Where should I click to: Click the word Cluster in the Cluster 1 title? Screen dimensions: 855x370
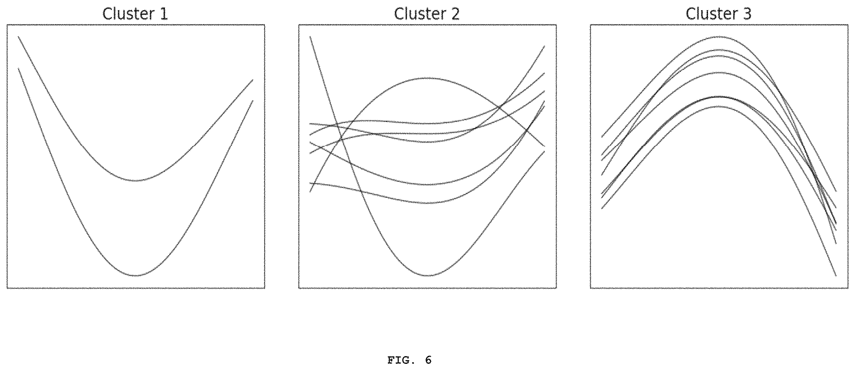point(129,14)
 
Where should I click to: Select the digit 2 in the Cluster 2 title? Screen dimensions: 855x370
point(455,14)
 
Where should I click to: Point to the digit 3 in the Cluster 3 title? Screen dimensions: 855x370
point(747,14)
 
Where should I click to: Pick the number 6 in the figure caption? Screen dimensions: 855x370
point(428,360)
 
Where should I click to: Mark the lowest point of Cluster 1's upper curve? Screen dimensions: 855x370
point(136,181)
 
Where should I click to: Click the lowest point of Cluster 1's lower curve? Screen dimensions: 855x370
point(135,276)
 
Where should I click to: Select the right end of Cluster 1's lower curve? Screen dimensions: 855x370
point(253,100)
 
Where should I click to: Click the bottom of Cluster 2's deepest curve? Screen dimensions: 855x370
point(427,276)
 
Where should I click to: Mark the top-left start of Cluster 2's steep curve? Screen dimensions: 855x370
point(310,36)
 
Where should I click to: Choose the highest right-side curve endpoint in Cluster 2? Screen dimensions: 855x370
point(545,46)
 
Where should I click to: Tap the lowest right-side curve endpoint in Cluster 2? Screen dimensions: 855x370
point(545,152)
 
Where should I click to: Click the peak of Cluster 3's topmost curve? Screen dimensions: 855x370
point(719,36)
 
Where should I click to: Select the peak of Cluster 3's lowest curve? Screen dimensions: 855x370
point(719,106)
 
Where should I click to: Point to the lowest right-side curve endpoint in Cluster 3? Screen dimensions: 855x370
point(836,276)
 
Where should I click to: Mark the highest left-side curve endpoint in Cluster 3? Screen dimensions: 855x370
point(602,137)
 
